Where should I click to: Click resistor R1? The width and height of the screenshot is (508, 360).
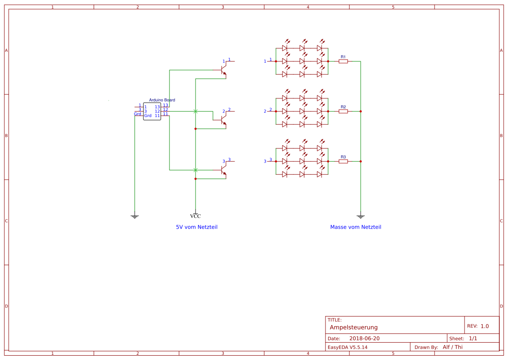tap(343, 61)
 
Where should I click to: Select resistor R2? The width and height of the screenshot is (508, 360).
tap(343, 111)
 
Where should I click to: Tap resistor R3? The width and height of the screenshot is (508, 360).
tap(343, 161)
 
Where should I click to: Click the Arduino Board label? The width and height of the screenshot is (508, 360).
tap(162, 100)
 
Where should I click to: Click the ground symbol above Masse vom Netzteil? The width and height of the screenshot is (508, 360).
tap(360, 216)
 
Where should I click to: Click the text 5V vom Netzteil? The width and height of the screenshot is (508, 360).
tap(196, 227)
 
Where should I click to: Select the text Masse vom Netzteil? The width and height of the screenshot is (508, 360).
tap(355, 227)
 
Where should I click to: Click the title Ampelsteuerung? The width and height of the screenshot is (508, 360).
tap(353, 327)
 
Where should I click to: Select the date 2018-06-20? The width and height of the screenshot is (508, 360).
tap(364, 338)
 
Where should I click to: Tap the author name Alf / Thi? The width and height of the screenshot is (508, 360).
tap(452, 347)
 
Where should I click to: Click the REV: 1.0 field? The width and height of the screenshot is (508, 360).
tap(478, 326)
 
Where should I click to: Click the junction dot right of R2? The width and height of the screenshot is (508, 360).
tap(360, 111)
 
